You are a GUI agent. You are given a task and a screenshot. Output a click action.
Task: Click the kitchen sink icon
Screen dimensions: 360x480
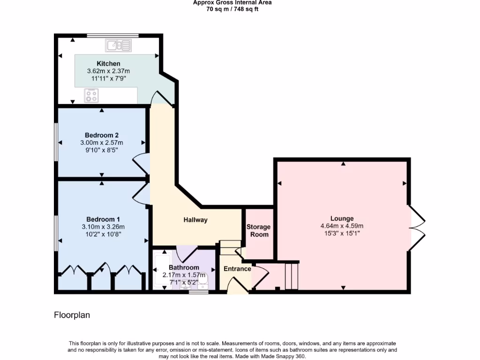click(119, 45)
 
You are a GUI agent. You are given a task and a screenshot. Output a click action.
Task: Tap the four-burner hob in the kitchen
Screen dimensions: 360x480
click(91, 96)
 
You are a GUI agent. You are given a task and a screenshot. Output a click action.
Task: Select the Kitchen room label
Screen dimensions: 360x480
click(108, 64)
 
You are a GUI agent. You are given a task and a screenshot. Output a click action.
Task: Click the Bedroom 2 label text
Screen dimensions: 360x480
click(102, 135)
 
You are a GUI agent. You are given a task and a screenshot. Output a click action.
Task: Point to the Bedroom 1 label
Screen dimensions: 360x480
click(103, 219)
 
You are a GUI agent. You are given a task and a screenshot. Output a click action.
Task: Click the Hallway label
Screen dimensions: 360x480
click(195, 220)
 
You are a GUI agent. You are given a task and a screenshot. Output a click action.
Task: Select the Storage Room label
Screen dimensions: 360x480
click(258, 231)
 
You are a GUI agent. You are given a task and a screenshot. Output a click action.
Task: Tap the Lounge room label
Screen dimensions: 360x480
click(342, 218)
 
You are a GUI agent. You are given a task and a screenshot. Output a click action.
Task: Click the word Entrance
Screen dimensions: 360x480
click(237, 269)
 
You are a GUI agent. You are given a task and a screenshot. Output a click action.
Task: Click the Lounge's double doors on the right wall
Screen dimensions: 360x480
click(417, 228)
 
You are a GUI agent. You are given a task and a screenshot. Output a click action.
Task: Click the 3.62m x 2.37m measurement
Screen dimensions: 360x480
click(108, 71)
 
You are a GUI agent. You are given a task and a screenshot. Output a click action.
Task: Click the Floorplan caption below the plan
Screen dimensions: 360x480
click(72, 315)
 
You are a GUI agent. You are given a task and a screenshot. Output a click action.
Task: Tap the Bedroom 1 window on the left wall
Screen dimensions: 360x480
click(56, 233)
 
